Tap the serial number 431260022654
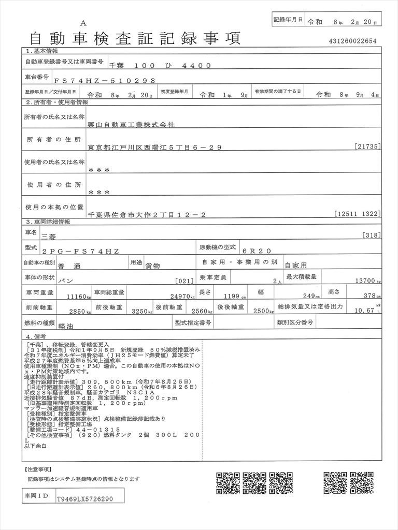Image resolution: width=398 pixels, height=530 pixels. click(x=352, y=41)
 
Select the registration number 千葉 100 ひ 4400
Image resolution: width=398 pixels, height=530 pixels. click(x=160, y=65)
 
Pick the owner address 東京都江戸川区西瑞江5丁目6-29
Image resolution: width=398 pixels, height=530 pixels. click(x=155, y=148)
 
